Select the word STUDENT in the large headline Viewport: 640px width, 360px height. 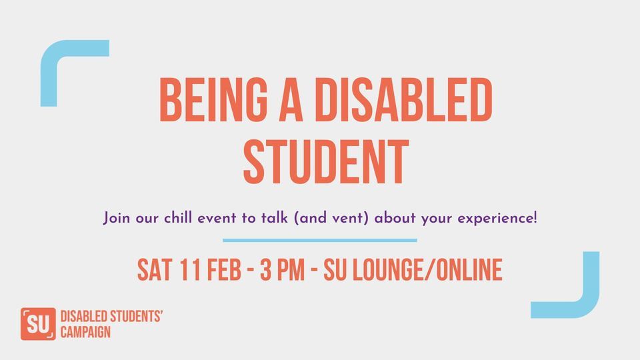coord(325,162)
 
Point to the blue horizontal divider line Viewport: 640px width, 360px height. coord(320,240)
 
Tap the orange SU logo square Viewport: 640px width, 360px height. coord(37,324)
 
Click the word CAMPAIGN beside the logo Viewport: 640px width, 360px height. coord(85,331)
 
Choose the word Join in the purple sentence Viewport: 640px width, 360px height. coord(116,217)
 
